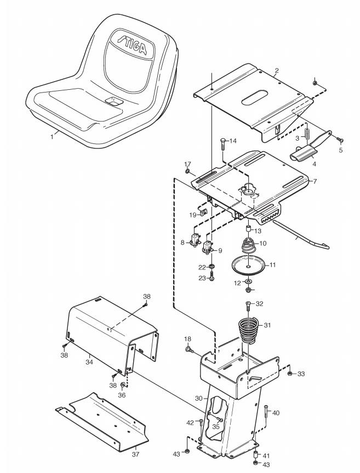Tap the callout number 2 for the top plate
(277, 71)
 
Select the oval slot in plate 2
(258, 102)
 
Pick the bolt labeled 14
(223, 145)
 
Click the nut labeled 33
(288, 373)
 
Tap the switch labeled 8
(195, 239)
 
